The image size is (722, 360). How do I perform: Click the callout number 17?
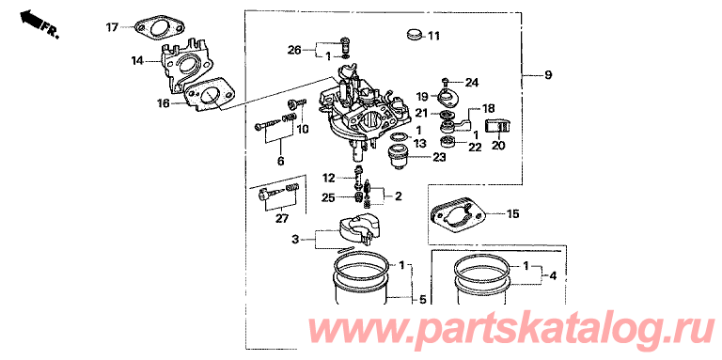pyautogui.click(x=113, y=27)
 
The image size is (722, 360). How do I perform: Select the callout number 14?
pyautogui.click(x=137, y=60)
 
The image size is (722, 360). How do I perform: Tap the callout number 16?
pyautogui.click(x=164, y=103)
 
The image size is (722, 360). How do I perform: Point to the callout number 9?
pyautogui.click(x=547, y=75)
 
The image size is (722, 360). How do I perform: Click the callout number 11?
pyautogui.click(x=433, y=36)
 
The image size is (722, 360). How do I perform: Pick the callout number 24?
pyautogui.click(x=472, y=83)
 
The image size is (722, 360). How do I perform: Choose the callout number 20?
pyautogui.click(x=498, y=146)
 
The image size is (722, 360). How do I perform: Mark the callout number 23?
pyautogui.click(x=439, y=158)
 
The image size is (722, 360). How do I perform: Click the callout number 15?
pyautogui.click(x=512, y=213)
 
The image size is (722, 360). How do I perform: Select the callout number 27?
pyautogui.click(x=280, y=219)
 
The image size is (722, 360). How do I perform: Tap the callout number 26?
pyautogui.click(x=294, y=49)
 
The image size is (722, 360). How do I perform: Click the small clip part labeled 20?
pyautogui.click(x=498, y=128)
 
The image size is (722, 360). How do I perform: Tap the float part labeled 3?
pyautogui.click(x=355, y=230)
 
